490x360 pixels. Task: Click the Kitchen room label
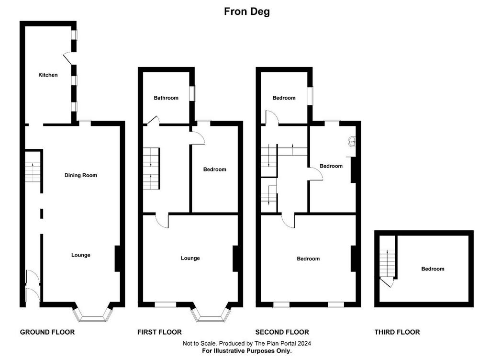[48, 75]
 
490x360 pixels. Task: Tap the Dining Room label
[80, 175]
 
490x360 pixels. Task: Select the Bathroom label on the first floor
[166, 98]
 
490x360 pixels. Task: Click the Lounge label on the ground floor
[80, 255]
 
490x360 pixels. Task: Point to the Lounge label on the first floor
[190, 258]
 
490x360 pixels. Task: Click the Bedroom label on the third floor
[433, 269]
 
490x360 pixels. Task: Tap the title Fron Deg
[247, 11]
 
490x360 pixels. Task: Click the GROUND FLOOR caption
[47, 332]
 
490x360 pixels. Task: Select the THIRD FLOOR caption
[397, 332]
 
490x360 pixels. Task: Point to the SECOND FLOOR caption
[282, 332]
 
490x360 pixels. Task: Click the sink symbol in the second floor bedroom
[352, 142]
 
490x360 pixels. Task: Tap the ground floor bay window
[92, 314]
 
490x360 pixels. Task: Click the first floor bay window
[211, 314]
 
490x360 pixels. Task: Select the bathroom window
[192, 94]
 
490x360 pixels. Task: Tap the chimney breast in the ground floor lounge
[118, 259]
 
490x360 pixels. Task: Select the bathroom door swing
[153, 120]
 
